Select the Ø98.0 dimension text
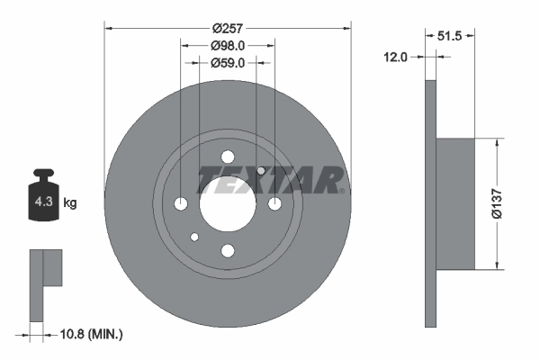[228, 45]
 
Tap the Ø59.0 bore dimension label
[228, 63]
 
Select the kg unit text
[69, 203]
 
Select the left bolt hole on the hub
[180, 203]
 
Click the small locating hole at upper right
[261, 171]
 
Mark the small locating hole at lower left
[193, 237]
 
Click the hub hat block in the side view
[455, 203]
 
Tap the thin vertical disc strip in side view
[430, 203]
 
